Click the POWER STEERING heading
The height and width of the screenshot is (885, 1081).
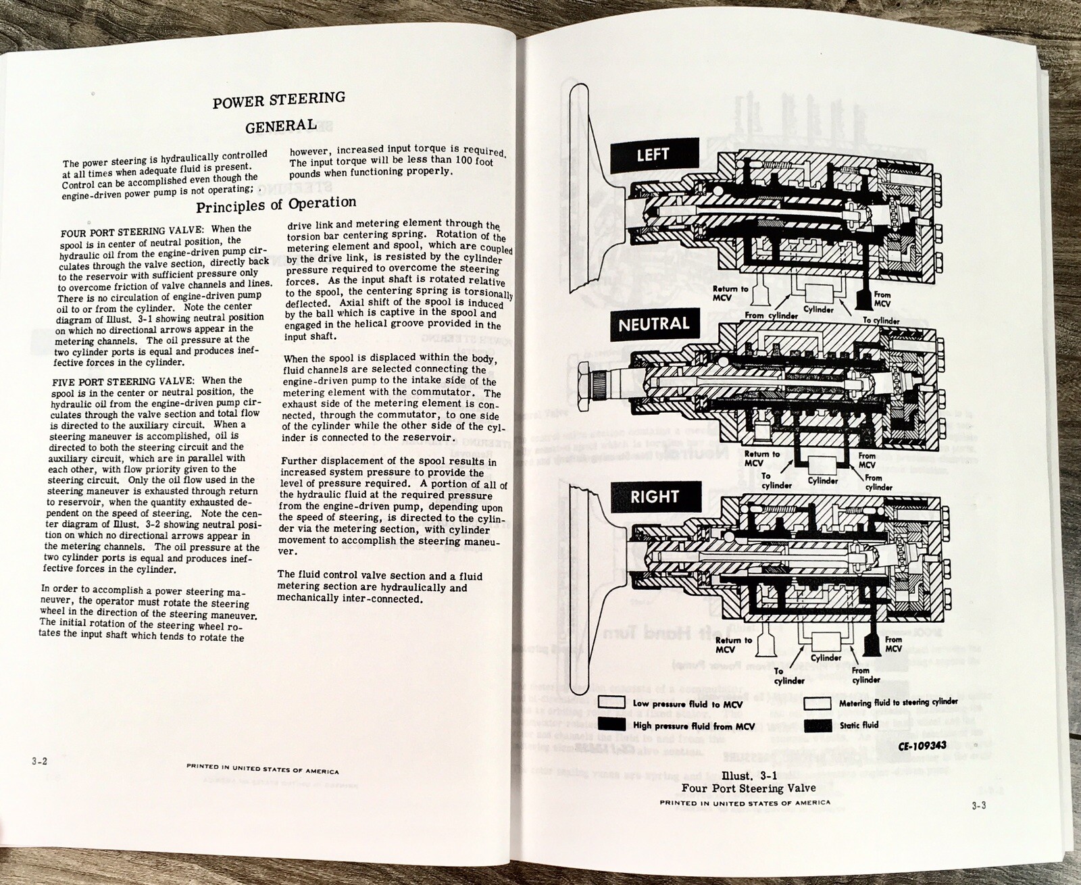278,101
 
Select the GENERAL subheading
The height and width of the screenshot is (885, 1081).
280,126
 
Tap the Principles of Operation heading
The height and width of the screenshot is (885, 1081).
276,203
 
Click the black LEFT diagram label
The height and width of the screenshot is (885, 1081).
652,155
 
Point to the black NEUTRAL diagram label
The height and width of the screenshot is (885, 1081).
654,324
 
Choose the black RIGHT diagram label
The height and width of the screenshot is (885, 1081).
653,497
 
